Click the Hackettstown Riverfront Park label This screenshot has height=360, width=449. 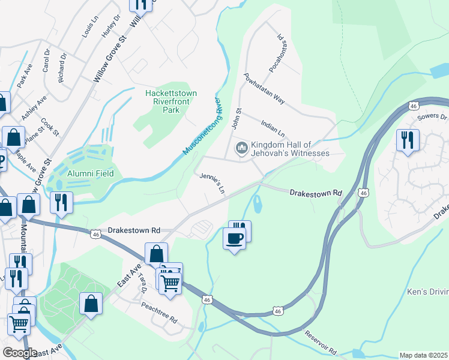click(171, 101)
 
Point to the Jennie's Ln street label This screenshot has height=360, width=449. click(212, 183)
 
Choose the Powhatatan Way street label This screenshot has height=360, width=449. click(264, 89)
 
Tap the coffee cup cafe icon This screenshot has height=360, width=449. click(234, 238)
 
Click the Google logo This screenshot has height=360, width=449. click(20, 352)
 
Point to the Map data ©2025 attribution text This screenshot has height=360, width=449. click(423, 355)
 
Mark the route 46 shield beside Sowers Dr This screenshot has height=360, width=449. click(413, 106)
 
